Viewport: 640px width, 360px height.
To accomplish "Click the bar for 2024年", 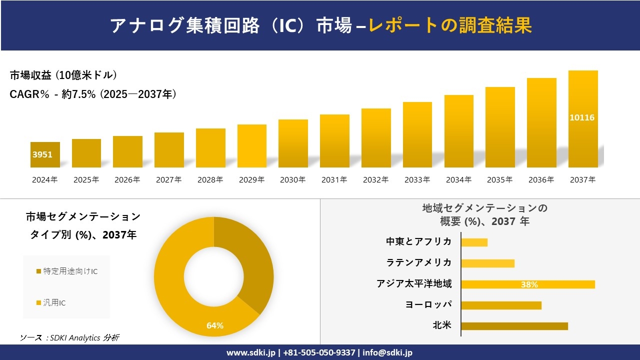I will pyautogui.click(x=45, y=154).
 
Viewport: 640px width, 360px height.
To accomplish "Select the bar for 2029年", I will pyautogui.click(x=252, y=146).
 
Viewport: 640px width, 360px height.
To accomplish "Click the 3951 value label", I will pyautogui.click(x=42, y=155).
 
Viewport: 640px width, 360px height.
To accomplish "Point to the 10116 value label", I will pyautogui.click(x=582, y=118).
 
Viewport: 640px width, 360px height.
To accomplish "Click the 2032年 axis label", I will pyautogui.click(x=375, y=180).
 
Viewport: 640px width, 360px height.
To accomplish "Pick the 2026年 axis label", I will pyautogui.click(x=127, y=180).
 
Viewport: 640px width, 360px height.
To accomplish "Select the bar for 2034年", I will pyautogui.click(x=458, y=131).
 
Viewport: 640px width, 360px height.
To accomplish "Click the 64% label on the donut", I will pyautogui.click(x=215, y=325).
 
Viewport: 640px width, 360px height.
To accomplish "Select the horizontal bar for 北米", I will pyautogui.click(x=514, y=326).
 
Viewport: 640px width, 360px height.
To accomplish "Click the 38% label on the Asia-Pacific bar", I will pyautogui.click(x=529, y=284).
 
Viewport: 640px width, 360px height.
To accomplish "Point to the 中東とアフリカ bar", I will pyautogui.click(x=474, y=242).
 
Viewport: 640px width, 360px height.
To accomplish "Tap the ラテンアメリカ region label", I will pyautogui.click(x=418, y=263).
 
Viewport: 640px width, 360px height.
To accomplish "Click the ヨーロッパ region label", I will pyautogui.click(x=428, y=305).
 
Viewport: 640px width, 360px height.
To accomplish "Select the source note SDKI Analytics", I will pyautogui.click(x=69, y=338).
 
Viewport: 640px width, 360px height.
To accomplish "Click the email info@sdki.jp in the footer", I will pyautogui.click(x=387, y=352).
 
